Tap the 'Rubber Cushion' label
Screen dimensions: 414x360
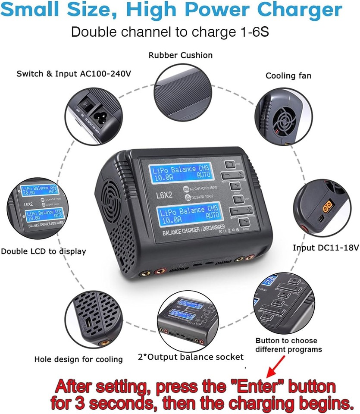click(x=181, y=55)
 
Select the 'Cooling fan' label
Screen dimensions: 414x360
click(x=288, y=76)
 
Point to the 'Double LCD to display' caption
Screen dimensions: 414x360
click(x=44, y=251)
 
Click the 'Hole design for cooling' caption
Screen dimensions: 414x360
click(x=78, y=359)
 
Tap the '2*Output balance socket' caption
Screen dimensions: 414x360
click(x=190, y=357)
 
